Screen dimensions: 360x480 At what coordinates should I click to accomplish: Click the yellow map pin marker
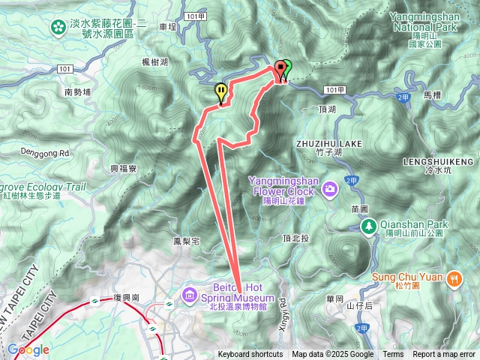pyautogui.click(x=220, y=91)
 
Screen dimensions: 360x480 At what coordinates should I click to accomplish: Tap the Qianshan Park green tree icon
pyautogui.click(x=368, y=225)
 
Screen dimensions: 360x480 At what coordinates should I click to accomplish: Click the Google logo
pyautogui.click(x=28, y=349)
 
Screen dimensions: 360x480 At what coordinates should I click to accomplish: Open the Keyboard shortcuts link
pyautogui.click(x=250, y=355)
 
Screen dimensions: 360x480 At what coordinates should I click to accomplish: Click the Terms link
pyautogui.click(x=393, y=355)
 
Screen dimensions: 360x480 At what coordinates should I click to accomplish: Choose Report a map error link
pyautogui.click(x=444, y=355)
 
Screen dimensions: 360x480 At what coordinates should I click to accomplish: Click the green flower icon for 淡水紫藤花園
pyautogui.click(x=58, y=27)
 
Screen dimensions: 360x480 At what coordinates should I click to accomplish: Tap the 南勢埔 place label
pyautogui.click(x=77, y=92)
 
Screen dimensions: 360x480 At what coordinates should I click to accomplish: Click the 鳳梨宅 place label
pyautogui.click(x=185, y=241)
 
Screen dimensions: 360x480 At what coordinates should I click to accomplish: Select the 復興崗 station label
pyautogui.click(x=127, y=298)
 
